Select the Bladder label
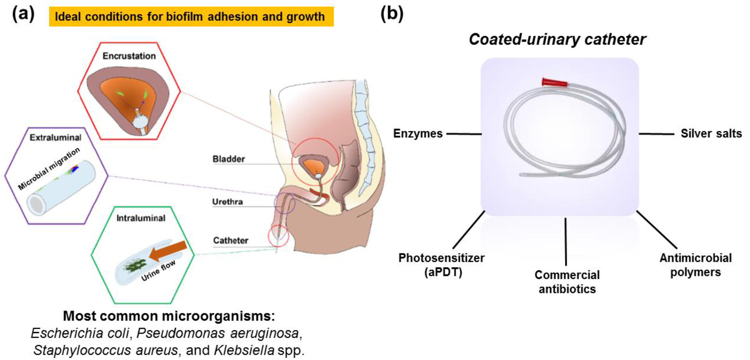(229, 159)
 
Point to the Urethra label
(227, 202)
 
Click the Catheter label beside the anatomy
(231, 240)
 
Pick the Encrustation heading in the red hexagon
(129, 56)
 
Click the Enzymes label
(418, 134)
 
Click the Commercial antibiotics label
(567, 282)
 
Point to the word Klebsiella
(244, 350)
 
